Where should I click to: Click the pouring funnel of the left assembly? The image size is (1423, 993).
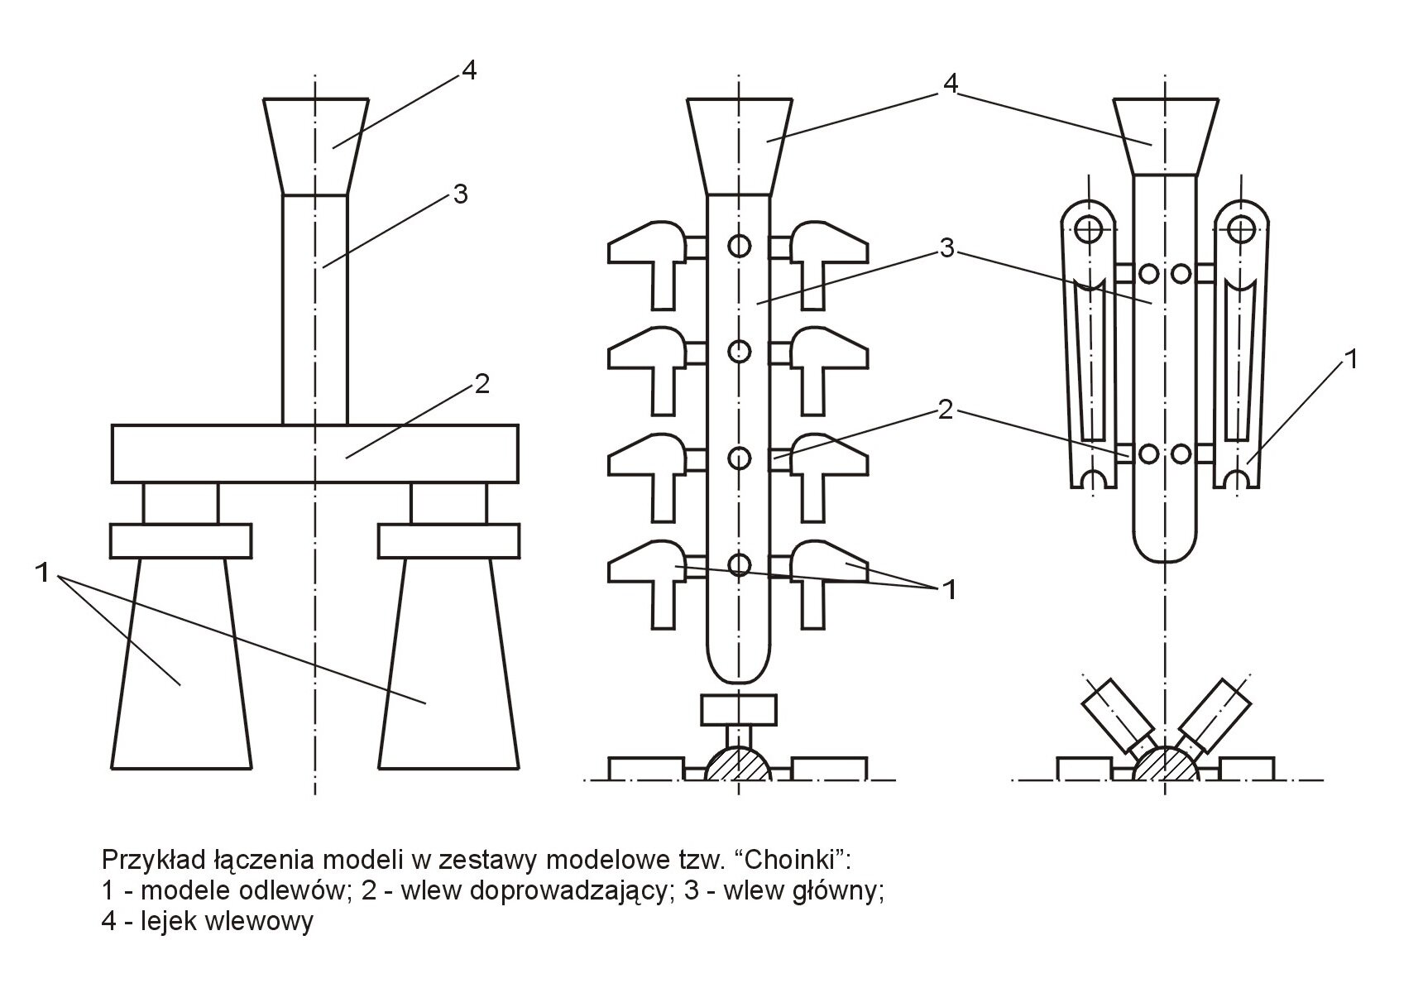tap(315, 146)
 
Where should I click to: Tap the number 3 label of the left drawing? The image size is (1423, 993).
tap(460, 194)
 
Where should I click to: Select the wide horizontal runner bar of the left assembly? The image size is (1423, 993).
tap(314, 453)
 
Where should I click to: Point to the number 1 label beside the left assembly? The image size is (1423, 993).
tap(44, 571)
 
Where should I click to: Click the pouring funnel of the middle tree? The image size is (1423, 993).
tap(739, 146)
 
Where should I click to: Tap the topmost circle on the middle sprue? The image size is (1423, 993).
tap(740, 245)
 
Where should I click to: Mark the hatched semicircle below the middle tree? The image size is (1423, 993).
tap(738, 765)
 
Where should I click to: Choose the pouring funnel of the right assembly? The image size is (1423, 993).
tap(1164, 137)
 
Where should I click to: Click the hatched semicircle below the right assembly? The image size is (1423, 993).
tap(1164, 765)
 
